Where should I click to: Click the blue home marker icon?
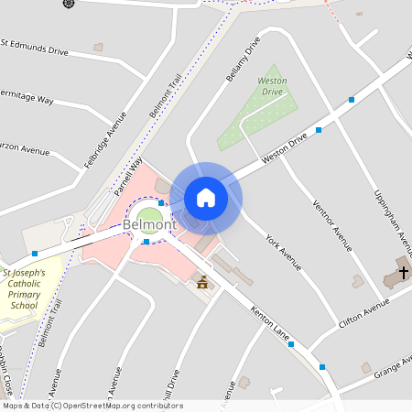click(206, 198)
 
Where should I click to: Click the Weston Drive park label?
click(273, 86)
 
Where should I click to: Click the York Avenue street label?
click(283, 252)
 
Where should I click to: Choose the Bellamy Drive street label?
click(243, 60)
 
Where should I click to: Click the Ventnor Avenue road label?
click(331, 225)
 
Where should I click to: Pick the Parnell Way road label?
click(129, 176)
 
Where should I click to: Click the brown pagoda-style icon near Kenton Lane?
click(202, 282)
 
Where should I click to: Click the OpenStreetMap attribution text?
click(92, 406)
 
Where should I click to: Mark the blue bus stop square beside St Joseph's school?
click(35, 253)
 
